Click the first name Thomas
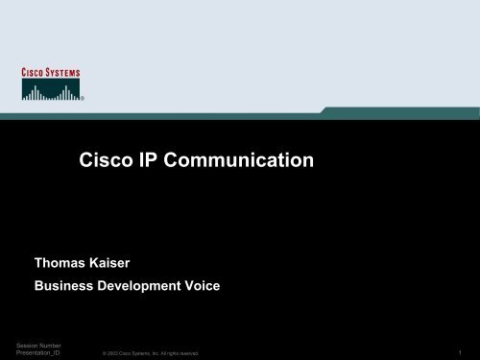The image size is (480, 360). [62, 261]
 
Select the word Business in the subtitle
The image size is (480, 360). [67, 285]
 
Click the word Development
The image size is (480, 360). [156, 285]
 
